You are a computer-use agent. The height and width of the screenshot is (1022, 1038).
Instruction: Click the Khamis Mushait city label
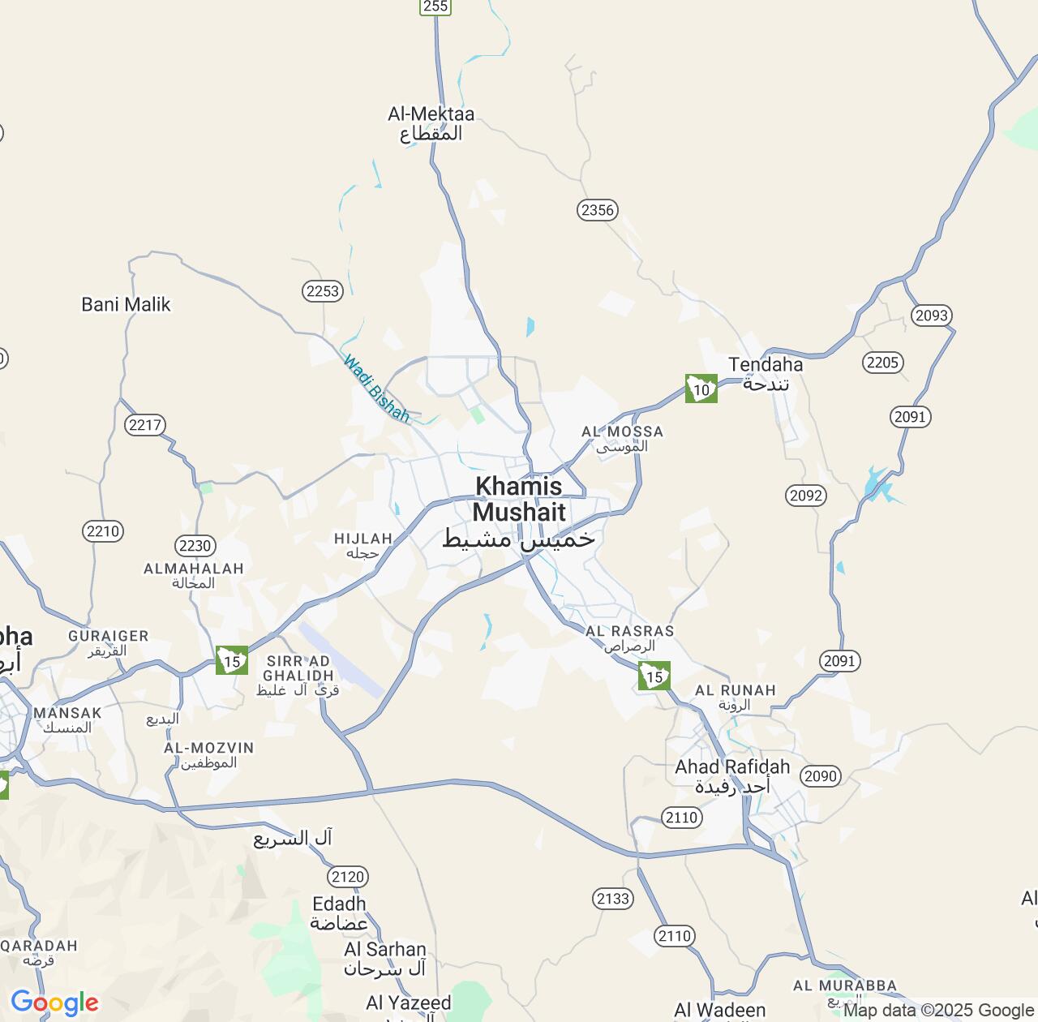click(x=519, y=511)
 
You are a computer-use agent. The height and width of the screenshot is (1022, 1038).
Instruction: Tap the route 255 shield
click(x=435, y=6)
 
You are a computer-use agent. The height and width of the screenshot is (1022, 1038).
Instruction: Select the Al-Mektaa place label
click(x=431, y=123)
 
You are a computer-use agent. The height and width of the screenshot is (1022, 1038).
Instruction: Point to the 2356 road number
click(x=598, y=210)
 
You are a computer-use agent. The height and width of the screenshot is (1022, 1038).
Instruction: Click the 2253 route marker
click(x=323, y=291)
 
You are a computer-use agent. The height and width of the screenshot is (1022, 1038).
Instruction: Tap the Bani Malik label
click(x=126, y=304)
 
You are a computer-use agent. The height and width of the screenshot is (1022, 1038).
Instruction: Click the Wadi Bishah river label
click(x=376, y=389)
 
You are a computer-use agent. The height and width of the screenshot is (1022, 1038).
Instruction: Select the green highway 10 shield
click(x=701, y=389)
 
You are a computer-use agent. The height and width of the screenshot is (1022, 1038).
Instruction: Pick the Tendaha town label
click(x=766, y=373)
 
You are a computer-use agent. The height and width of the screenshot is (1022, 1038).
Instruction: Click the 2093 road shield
click(x=931, y=316)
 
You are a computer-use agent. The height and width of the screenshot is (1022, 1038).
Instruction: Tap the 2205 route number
click(x=882, y=363)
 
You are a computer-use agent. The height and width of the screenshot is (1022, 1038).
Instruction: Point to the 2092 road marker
click(x=806, y=496)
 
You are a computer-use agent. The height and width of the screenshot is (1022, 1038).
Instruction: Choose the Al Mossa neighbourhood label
click(x=622, y=439)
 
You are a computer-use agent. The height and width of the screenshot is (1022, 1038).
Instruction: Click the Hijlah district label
click(x=363, y=545)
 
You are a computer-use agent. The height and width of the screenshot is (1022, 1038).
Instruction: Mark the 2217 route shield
click(x=145, y=424)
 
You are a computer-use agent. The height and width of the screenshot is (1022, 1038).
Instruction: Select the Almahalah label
click(x=194, y=575)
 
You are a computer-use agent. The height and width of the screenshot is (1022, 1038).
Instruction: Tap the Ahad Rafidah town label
click(x=732, y=776)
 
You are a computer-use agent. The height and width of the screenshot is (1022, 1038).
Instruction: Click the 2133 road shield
click(x=612, y=898)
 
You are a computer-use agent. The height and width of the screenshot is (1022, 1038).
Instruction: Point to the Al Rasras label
click(x=629, y=638)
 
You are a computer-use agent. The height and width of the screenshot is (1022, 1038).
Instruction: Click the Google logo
click(x=54, y=1003)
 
